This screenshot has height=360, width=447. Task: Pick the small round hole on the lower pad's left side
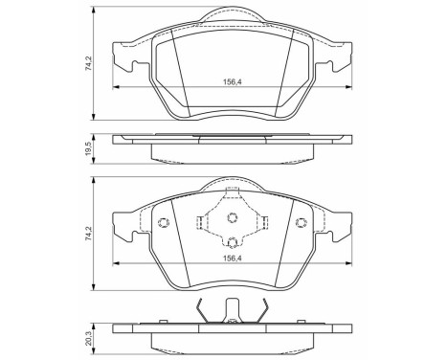162,223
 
